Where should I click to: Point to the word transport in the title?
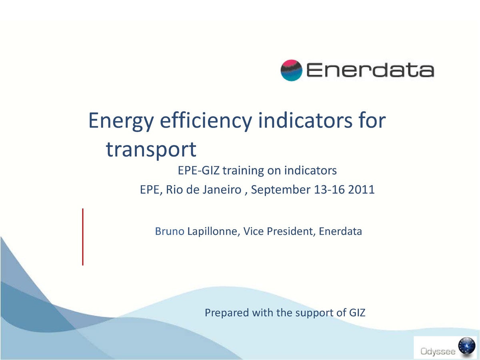coord(152,149)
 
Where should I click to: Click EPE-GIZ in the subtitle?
coord(198,171)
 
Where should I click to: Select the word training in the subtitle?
coord(243,171)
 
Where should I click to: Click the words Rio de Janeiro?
coord(202,190)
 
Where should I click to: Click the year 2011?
coord(362,190)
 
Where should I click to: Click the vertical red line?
coord(83,237)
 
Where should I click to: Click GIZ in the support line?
coord(356,312)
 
